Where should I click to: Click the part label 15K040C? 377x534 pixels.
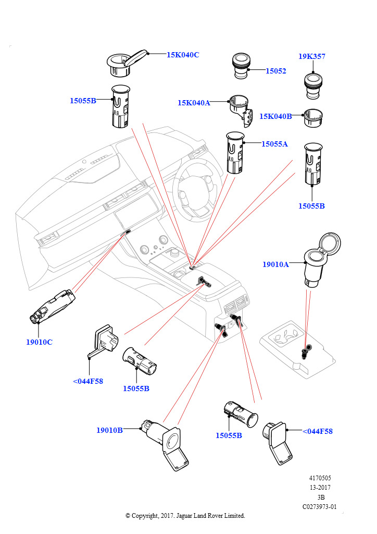click(183, 54)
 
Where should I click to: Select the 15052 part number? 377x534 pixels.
click(276, 71)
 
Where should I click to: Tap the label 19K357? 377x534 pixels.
click(312, 56)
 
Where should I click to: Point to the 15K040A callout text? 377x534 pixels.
click(193, 103)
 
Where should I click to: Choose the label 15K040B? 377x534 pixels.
click(275, 116)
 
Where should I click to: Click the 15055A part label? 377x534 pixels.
click(274, 144)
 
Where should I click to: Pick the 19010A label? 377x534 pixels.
click(275, 264)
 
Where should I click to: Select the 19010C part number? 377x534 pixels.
click(39, 342)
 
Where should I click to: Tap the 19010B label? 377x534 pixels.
click(109, 430)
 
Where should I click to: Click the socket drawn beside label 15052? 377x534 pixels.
click(241, 66)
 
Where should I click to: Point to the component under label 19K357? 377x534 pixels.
click(313, 86)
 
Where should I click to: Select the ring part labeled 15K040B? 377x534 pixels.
click(314, 117)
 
